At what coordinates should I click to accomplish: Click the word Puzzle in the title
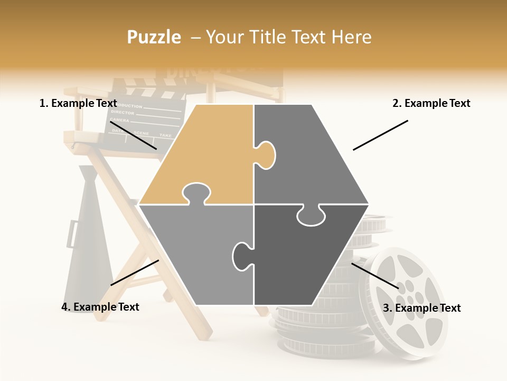click(154, 37)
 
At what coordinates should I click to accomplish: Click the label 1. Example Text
click(78, 103)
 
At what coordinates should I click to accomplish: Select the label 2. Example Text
click(431, 103)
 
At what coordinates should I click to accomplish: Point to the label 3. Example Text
click(421, 308)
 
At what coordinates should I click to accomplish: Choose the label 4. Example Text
click(100, 307)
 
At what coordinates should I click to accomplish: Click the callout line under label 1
click(133, 135)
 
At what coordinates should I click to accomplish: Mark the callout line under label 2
click(380, 135)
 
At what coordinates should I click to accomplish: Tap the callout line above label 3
click(375, 276)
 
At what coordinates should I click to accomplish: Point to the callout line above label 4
click(135, 273)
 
